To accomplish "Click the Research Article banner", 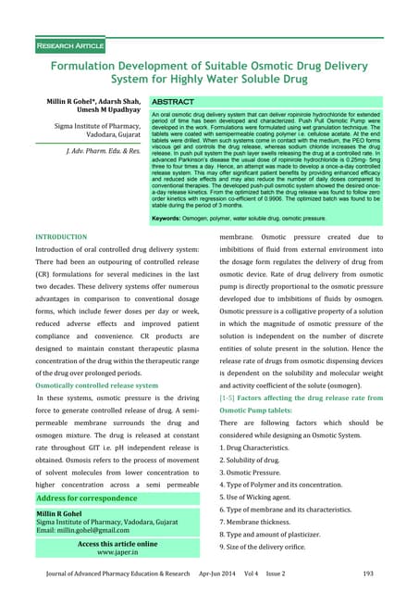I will [70, 44].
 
